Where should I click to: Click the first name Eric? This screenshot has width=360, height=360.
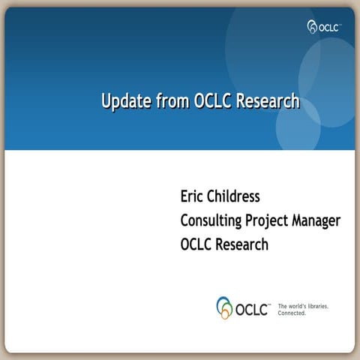(193, 197)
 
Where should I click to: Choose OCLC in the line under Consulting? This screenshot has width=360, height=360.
(197, 244)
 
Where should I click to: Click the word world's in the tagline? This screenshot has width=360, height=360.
(298, 306)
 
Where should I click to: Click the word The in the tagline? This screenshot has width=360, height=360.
(283, 306)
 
